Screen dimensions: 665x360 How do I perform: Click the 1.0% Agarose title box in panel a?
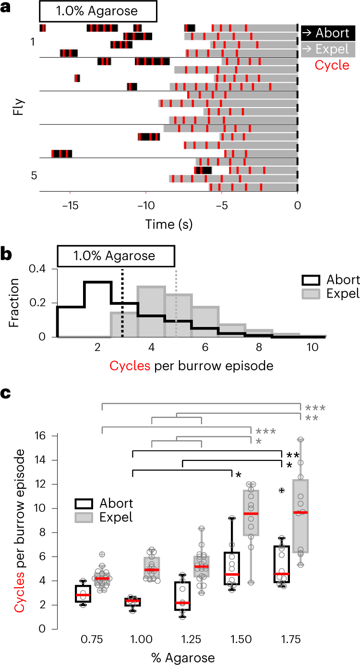[97, 11]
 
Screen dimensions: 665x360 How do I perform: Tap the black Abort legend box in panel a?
[328, 33]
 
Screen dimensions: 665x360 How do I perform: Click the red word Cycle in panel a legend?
[332, 65]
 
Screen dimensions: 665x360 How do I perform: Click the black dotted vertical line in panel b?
[123, 303]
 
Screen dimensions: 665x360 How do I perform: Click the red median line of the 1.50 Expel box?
[251, 514]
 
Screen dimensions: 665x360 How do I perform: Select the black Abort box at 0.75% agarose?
[83, 596]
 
